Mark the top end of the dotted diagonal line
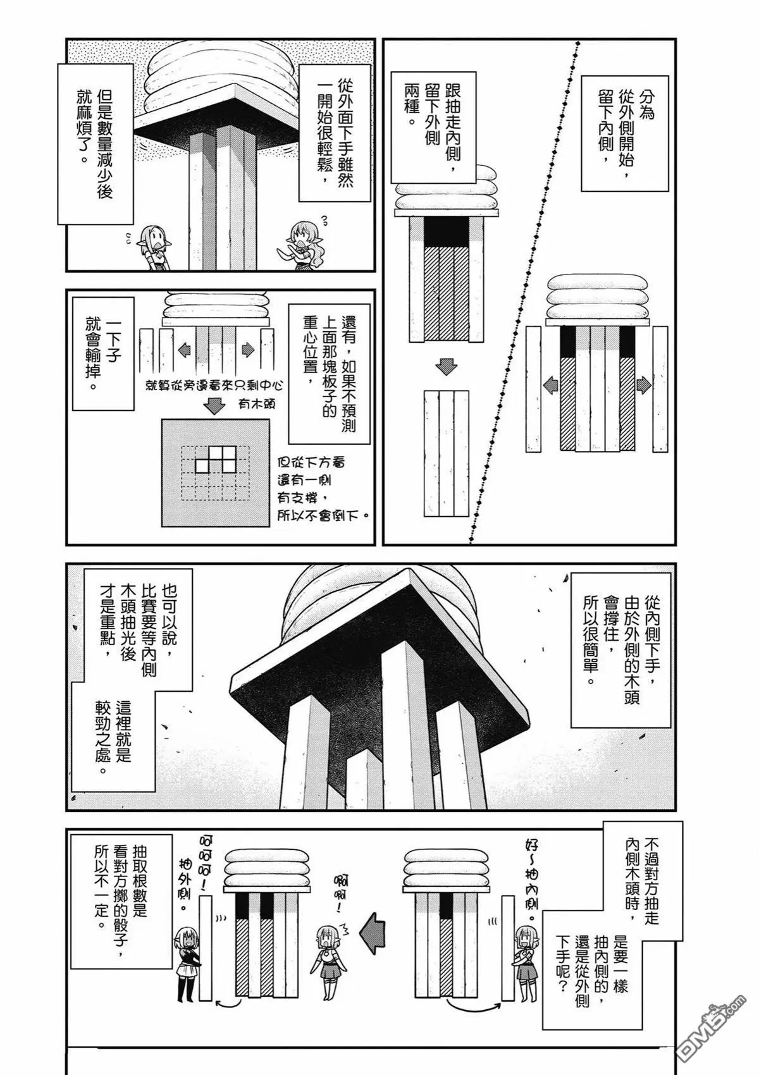pyautogui.click(x=577, y=42)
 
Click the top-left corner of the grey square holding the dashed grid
pyautogui.click(x=162, y=419)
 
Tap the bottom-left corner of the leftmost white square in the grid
pyautogui.click(x=195, y=471)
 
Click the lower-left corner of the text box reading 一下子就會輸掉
pyautogui.click(x=73, y=410)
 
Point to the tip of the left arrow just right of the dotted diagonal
pyautogui.click(x=543, y=385)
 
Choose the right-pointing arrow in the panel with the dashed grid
pyautogui.click(x=248, y=350)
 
